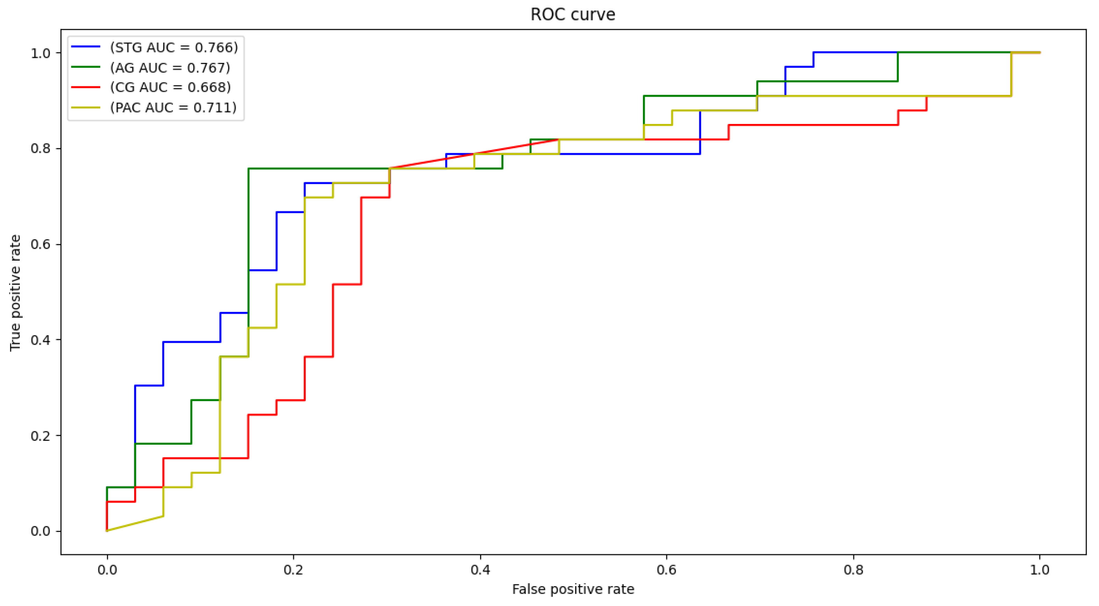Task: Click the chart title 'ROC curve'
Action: (x=572, y=15)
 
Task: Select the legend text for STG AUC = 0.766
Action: (x=174, y=48)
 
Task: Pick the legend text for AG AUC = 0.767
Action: (x=170, y=67)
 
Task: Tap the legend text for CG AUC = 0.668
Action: (x=170, y=87)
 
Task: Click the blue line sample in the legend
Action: (x=85, y=46)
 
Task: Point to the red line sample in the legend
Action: (x=85, y=87)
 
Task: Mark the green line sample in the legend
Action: (x=85, y=67)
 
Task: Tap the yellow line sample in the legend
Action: (x=85, y=107)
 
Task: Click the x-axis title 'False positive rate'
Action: (x=573, y=589)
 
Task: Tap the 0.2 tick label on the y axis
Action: (x=40, y=436)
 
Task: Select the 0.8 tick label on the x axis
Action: (x=853, y=570)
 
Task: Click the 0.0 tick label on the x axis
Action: (x=107, y=570)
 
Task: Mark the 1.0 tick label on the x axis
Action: (x=1039, y=570)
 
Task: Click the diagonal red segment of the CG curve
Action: (x=473, y=154)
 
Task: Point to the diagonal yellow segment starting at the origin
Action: (x=135, y=524)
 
